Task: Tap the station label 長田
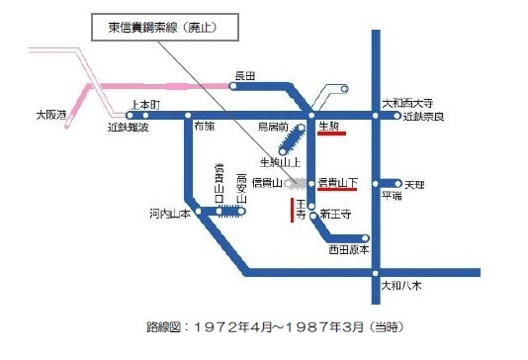click(x=244, y=74)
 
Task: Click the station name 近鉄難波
click(x=128, y=128)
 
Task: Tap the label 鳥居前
click(x=272, y=128)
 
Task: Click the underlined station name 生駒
click(x=330, y=127)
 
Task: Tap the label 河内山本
click(x=169, y=212)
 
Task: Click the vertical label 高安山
click(x=240, y=189)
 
